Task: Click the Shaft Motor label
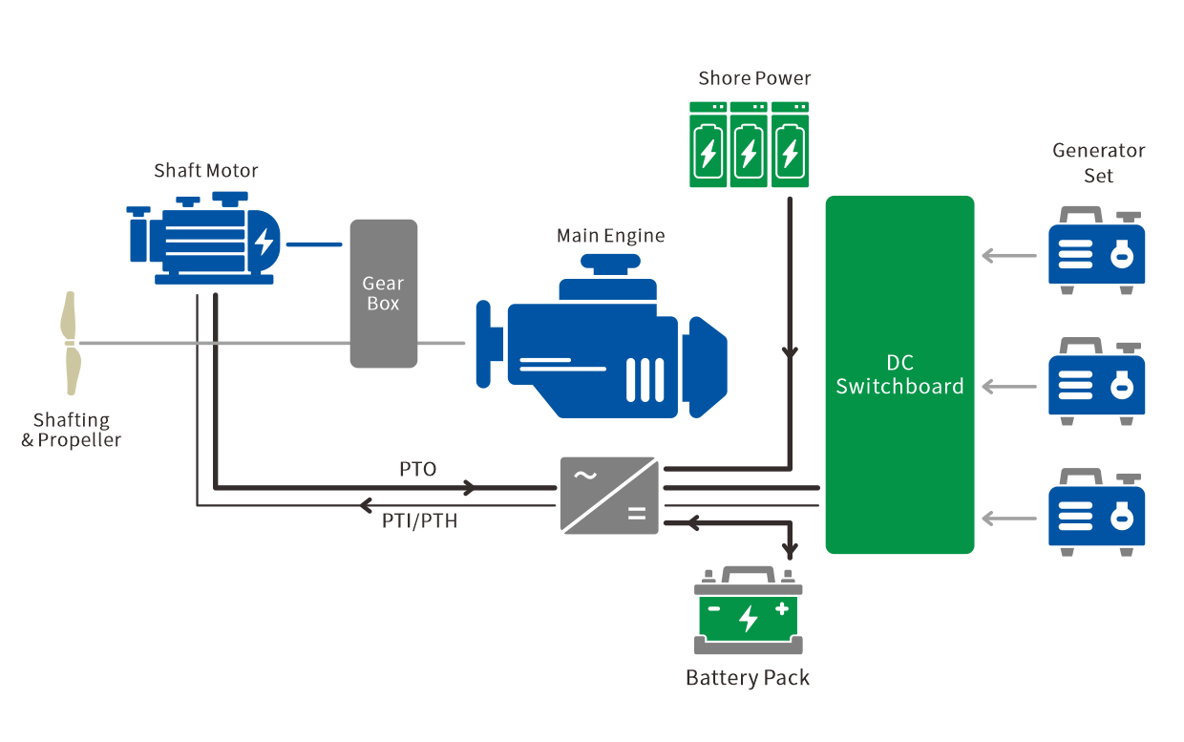click(206, 171)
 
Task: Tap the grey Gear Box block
click(384, 293)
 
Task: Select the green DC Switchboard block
click(899, 374)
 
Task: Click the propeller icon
click(70, 342)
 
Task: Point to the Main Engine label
click(610, 235)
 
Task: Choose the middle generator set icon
click(1096, 382)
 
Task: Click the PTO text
click(417, 470)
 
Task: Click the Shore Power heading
click(754, 78)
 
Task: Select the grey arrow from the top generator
click(1009, 256)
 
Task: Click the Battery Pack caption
click(748, 678)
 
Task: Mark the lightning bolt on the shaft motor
click(264, 242)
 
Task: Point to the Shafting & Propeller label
click(72, 430)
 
